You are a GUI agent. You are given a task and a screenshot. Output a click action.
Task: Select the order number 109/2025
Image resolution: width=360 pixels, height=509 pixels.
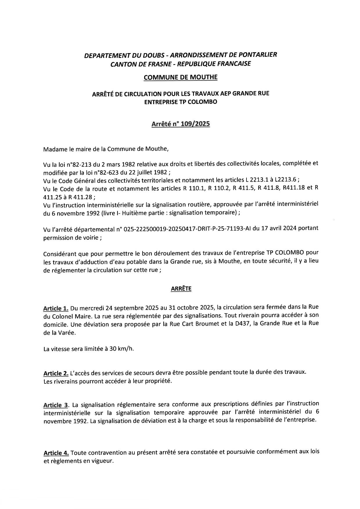(195, 124)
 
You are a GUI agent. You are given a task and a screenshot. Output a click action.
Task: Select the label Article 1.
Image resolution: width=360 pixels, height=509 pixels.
(56, 308)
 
